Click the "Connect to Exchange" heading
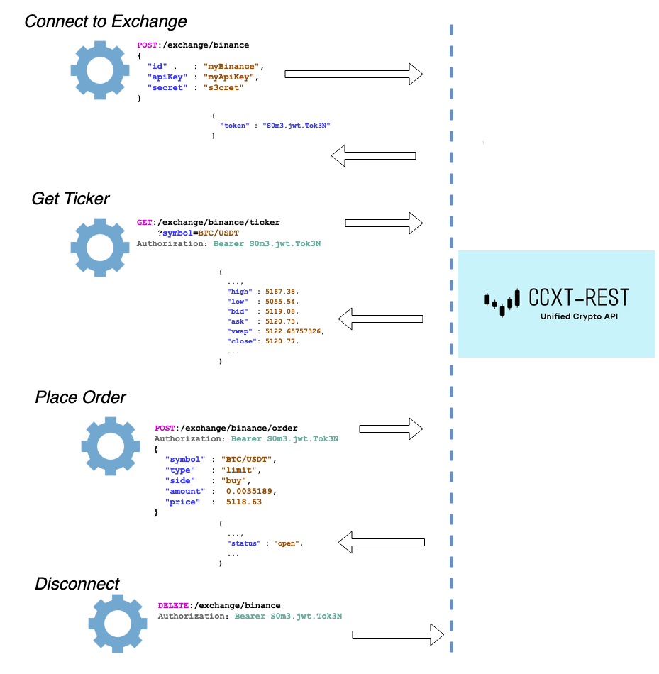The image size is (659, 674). pos(105,21)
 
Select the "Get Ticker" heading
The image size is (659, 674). pos(70,199)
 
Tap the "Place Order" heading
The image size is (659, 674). pos(80,397)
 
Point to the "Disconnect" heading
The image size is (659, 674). pos(77,584)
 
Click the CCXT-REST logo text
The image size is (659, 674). pos(579,297)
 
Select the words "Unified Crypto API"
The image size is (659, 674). pos(579,316)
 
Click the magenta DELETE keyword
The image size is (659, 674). pos(173,606)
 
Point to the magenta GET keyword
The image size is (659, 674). pos(145,223)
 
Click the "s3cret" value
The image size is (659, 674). pos(223,88)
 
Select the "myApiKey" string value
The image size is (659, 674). pos(228,77)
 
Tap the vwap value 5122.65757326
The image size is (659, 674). pos(293,331)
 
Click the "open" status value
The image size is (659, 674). pos(287,543)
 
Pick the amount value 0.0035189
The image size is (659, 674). pos(249,492)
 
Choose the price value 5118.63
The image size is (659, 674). pos(244,502)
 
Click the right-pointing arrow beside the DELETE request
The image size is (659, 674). pos(398,634)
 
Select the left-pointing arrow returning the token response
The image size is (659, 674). pos(374,155)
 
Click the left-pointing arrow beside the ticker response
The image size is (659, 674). pos(381,319)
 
